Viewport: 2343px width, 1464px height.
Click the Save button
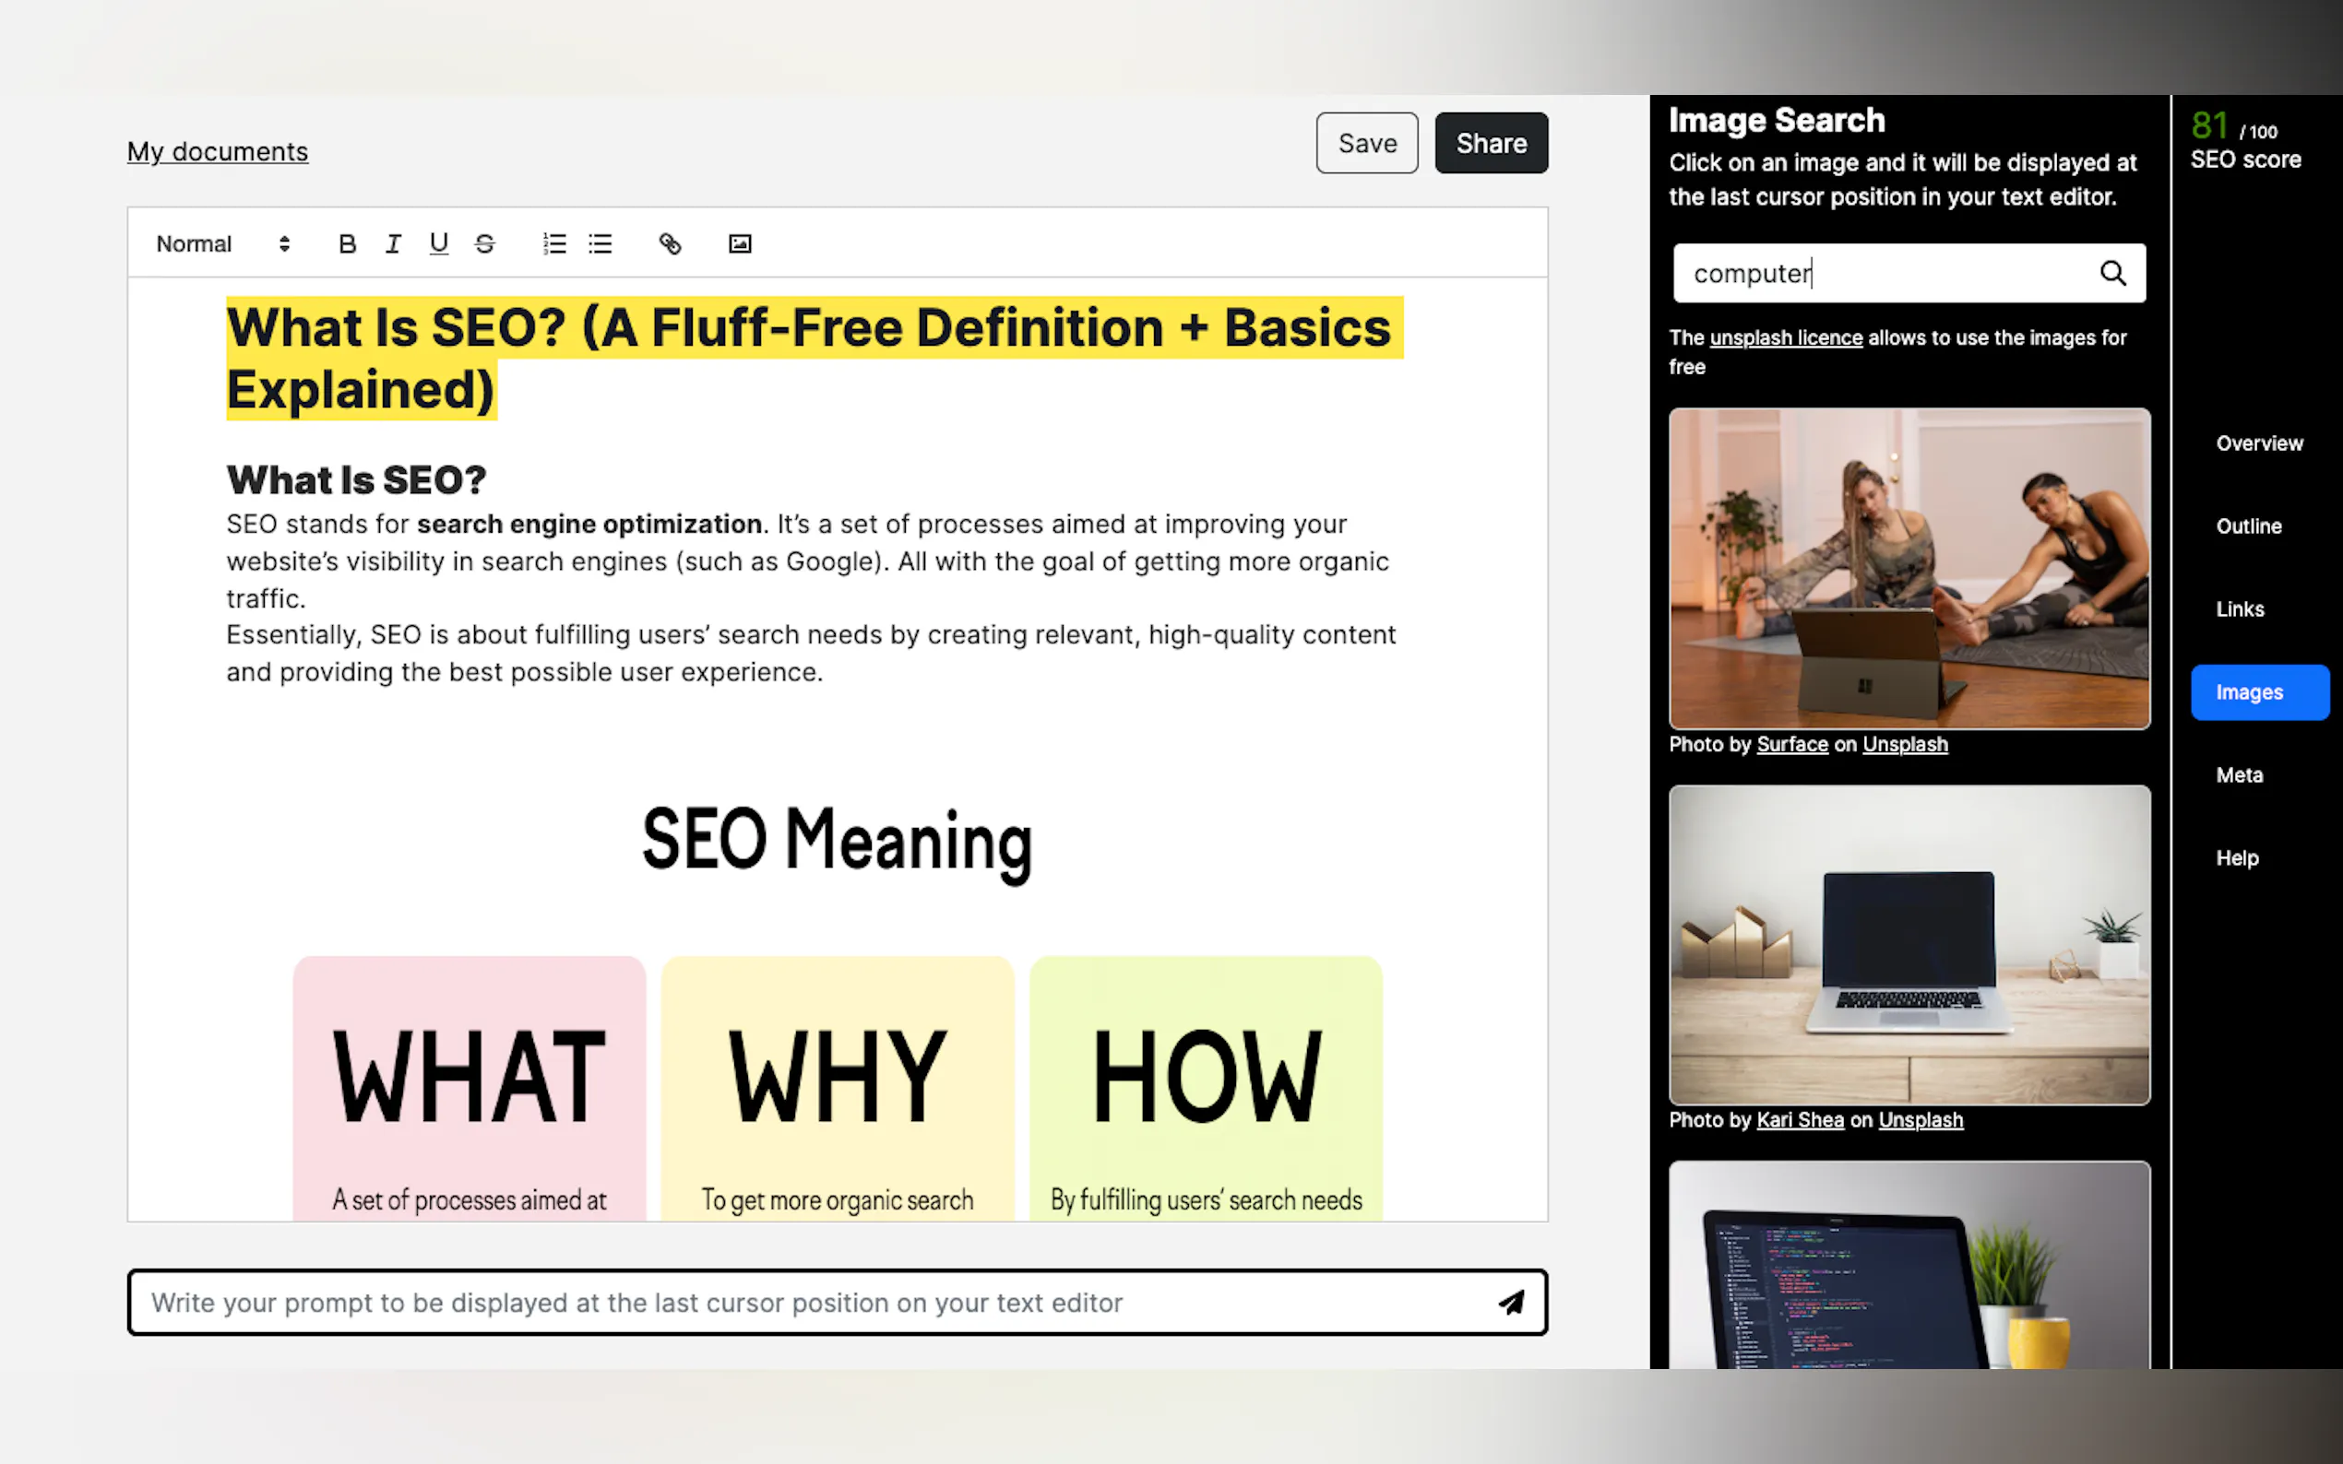coord(1367,143)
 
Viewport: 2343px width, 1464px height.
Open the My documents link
coord(218,151)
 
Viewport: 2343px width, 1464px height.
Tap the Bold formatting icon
coord(347,244)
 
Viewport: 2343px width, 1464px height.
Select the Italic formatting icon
coord(393,244)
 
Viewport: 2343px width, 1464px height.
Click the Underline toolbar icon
coord(439,244)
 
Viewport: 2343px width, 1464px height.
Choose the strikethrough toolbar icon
coord(485,244)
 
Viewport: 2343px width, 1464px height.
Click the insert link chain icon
coord(671,244)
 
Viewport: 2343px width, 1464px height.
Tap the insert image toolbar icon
coord(740,244)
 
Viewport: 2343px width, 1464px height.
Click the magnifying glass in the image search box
coord(2112,273)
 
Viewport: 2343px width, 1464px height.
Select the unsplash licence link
coord(1786,338)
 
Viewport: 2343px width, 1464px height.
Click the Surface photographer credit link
coord(1792,745)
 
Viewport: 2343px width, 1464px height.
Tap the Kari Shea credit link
coord(1800,1120)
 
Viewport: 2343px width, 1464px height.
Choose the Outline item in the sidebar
coord(2248,525)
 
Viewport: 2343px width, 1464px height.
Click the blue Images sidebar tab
coord(2260,692)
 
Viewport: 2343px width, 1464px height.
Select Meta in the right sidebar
coord(2240,774)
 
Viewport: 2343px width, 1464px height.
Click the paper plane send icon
coord(1511,1303)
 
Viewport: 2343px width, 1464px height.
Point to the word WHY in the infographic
coord(837,1076)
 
